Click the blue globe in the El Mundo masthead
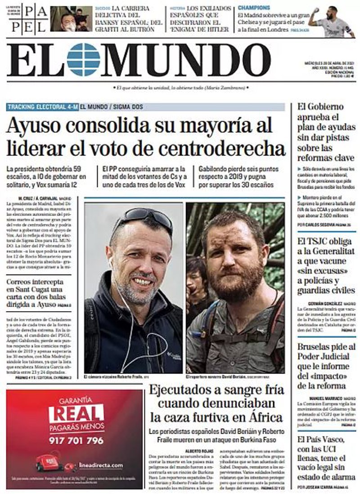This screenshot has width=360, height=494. [x=83, y=60]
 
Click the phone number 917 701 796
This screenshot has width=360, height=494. [x=76, y=440]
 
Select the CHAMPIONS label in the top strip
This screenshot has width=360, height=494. [x=254, y=8]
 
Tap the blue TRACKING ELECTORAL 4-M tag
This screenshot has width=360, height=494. [x=43, y=107]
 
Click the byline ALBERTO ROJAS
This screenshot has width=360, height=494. [x=198, y=451]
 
